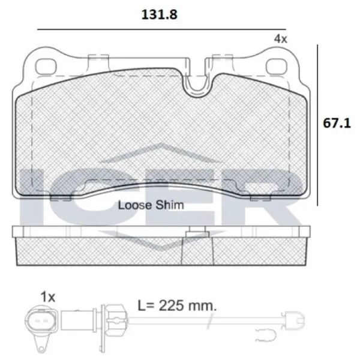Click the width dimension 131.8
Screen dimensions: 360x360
tap(160, 14)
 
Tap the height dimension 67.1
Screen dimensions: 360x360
tap(337, 123)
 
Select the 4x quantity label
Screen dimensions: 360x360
tap(281, 39)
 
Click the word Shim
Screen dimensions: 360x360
tap(170, 205)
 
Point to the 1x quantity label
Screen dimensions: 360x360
tap(48, 297)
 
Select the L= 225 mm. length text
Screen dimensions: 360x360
tap(177, 305)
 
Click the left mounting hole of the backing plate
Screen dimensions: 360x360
tap(46, 66)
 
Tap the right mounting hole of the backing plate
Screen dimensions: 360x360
tap(276, 66)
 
